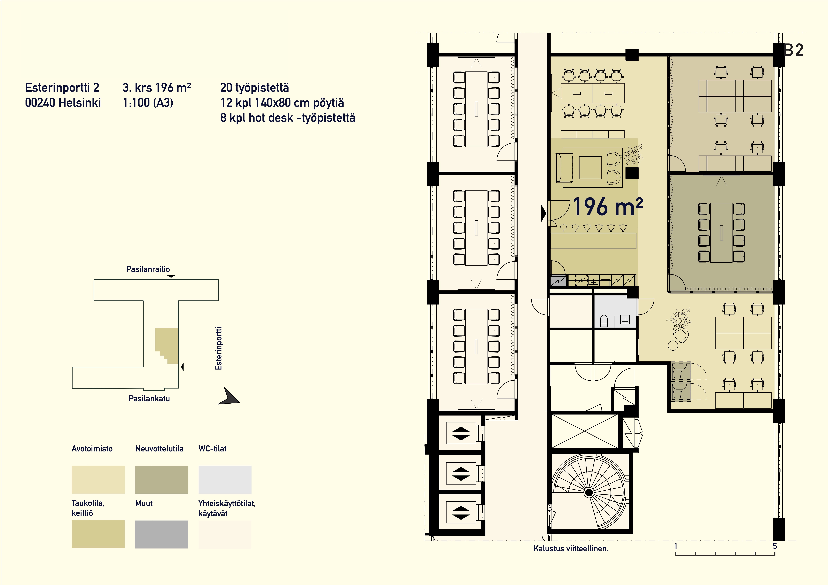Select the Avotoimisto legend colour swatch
point(98,479)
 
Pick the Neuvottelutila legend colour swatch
point(162,479)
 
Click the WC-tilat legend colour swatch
point(225,479)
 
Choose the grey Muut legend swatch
point(162,534)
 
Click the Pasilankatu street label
point(149,398)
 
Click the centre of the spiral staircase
point(589,492)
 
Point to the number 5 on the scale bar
point(775,546)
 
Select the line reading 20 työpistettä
point(255,88)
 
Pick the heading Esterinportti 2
point(62,88)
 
